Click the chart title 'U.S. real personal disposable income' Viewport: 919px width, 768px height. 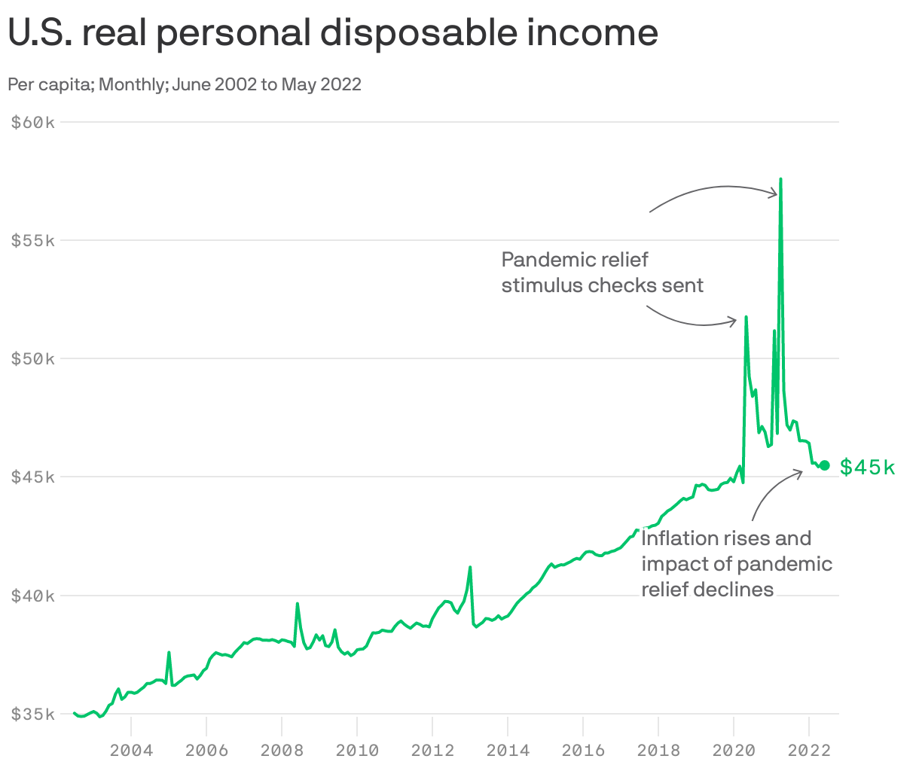333,33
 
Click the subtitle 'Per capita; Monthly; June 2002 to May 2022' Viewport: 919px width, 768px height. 185,84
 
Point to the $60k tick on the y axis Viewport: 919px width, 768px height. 33,122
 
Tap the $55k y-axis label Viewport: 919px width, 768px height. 33,240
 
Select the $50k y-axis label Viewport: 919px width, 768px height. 33,358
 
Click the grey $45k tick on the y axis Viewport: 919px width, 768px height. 33,477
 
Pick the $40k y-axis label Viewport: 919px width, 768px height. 33,596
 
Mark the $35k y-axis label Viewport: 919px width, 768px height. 33,714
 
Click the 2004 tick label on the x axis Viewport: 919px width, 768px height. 131,750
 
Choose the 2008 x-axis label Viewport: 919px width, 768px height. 282,750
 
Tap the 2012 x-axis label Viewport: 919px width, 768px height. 432,750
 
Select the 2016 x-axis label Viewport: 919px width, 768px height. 583,750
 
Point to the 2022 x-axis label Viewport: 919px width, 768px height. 809,750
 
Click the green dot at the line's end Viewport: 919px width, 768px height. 825,465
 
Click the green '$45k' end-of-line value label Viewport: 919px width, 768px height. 868,468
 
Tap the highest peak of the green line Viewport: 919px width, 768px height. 780,179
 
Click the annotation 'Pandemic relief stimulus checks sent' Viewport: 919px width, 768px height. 602,273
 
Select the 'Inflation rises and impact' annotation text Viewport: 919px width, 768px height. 737,563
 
